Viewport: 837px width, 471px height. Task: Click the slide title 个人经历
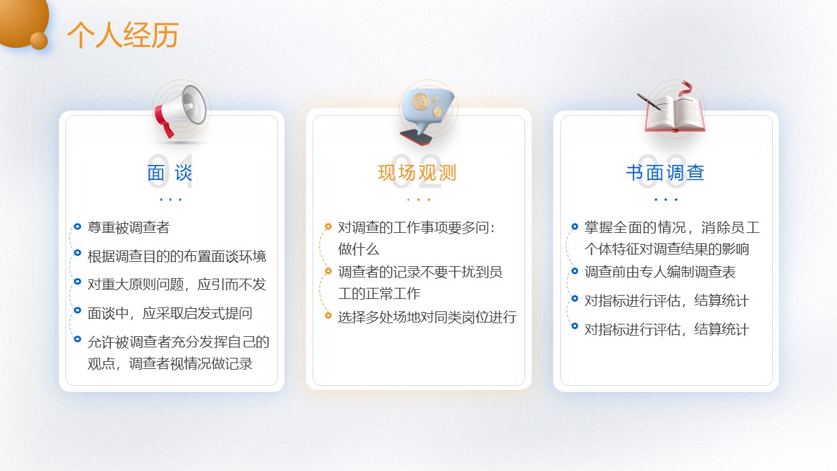click(x=122, y=35)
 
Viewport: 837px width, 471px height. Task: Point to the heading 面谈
click(x=169, y=173)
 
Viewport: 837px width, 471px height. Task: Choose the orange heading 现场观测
click(x=417, y=173)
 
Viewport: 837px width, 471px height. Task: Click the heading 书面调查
click(x=665, y=173)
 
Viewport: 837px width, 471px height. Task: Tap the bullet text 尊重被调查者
click(x=129, y=227)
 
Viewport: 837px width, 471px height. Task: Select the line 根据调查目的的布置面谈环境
click(x=177, y=256)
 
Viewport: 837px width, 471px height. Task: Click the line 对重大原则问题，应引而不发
click(x=177, y=285)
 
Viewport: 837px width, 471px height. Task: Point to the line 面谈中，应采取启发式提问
click(x=169, y=313)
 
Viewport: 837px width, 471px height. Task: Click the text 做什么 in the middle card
click(x=358, y=249)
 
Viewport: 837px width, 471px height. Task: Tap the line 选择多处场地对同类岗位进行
click(x=427, y=317)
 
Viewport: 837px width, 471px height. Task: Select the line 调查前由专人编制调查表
click(x=660, y=271)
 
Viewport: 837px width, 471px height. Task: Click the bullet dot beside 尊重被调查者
click(x=77, y=226)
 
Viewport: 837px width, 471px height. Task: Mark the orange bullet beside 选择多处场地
click(x=328, y=315)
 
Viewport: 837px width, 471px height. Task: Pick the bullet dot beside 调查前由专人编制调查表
click(x=575, y=271)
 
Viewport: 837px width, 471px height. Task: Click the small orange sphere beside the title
click(x=39, y=41)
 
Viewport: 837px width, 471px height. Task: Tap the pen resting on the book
click(x=649, y=101)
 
